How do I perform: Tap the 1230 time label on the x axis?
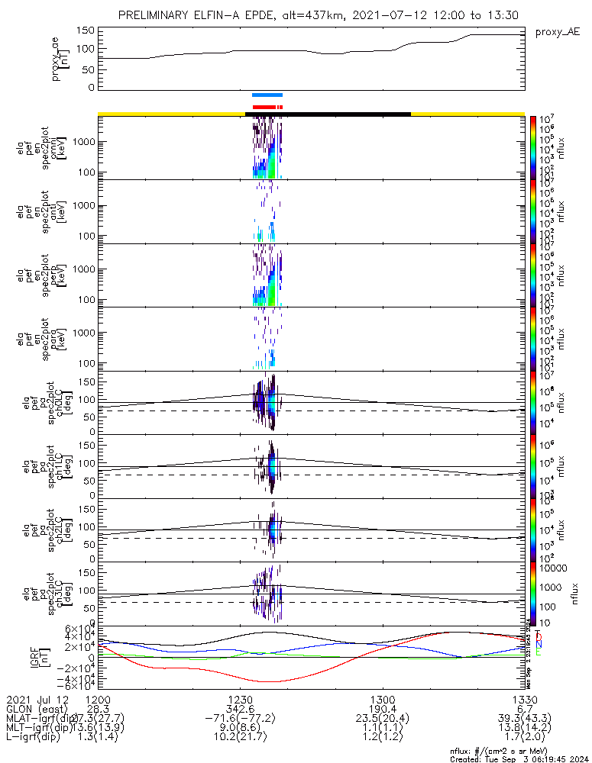[240, 700]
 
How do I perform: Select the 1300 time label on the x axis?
[383, 700]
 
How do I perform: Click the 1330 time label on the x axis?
[525, 700]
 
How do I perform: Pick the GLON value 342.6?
[240, 710]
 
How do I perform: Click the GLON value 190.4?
[383, 710]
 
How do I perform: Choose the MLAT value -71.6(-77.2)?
[240, 721]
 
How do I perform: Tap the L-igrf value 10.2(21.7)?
[240, 742]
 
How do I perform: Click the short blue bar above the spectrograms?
[267, 95]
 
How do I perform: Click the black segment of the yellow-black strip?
[328, 114]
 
